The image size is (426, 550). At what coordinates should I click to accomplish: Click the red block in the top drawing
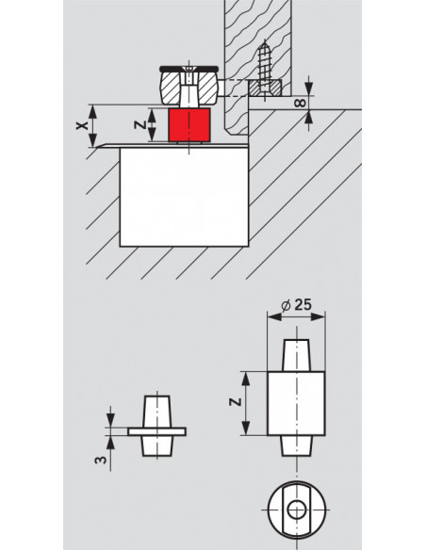point(188,125)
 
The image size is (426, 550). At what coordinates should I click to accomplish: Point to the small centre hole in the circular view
point(297,510)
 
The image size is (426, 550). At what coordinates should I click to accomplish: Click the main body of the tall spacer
point(297,403)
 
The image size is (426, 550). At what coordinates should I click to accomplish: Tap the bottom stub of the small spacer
point(156,445)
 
